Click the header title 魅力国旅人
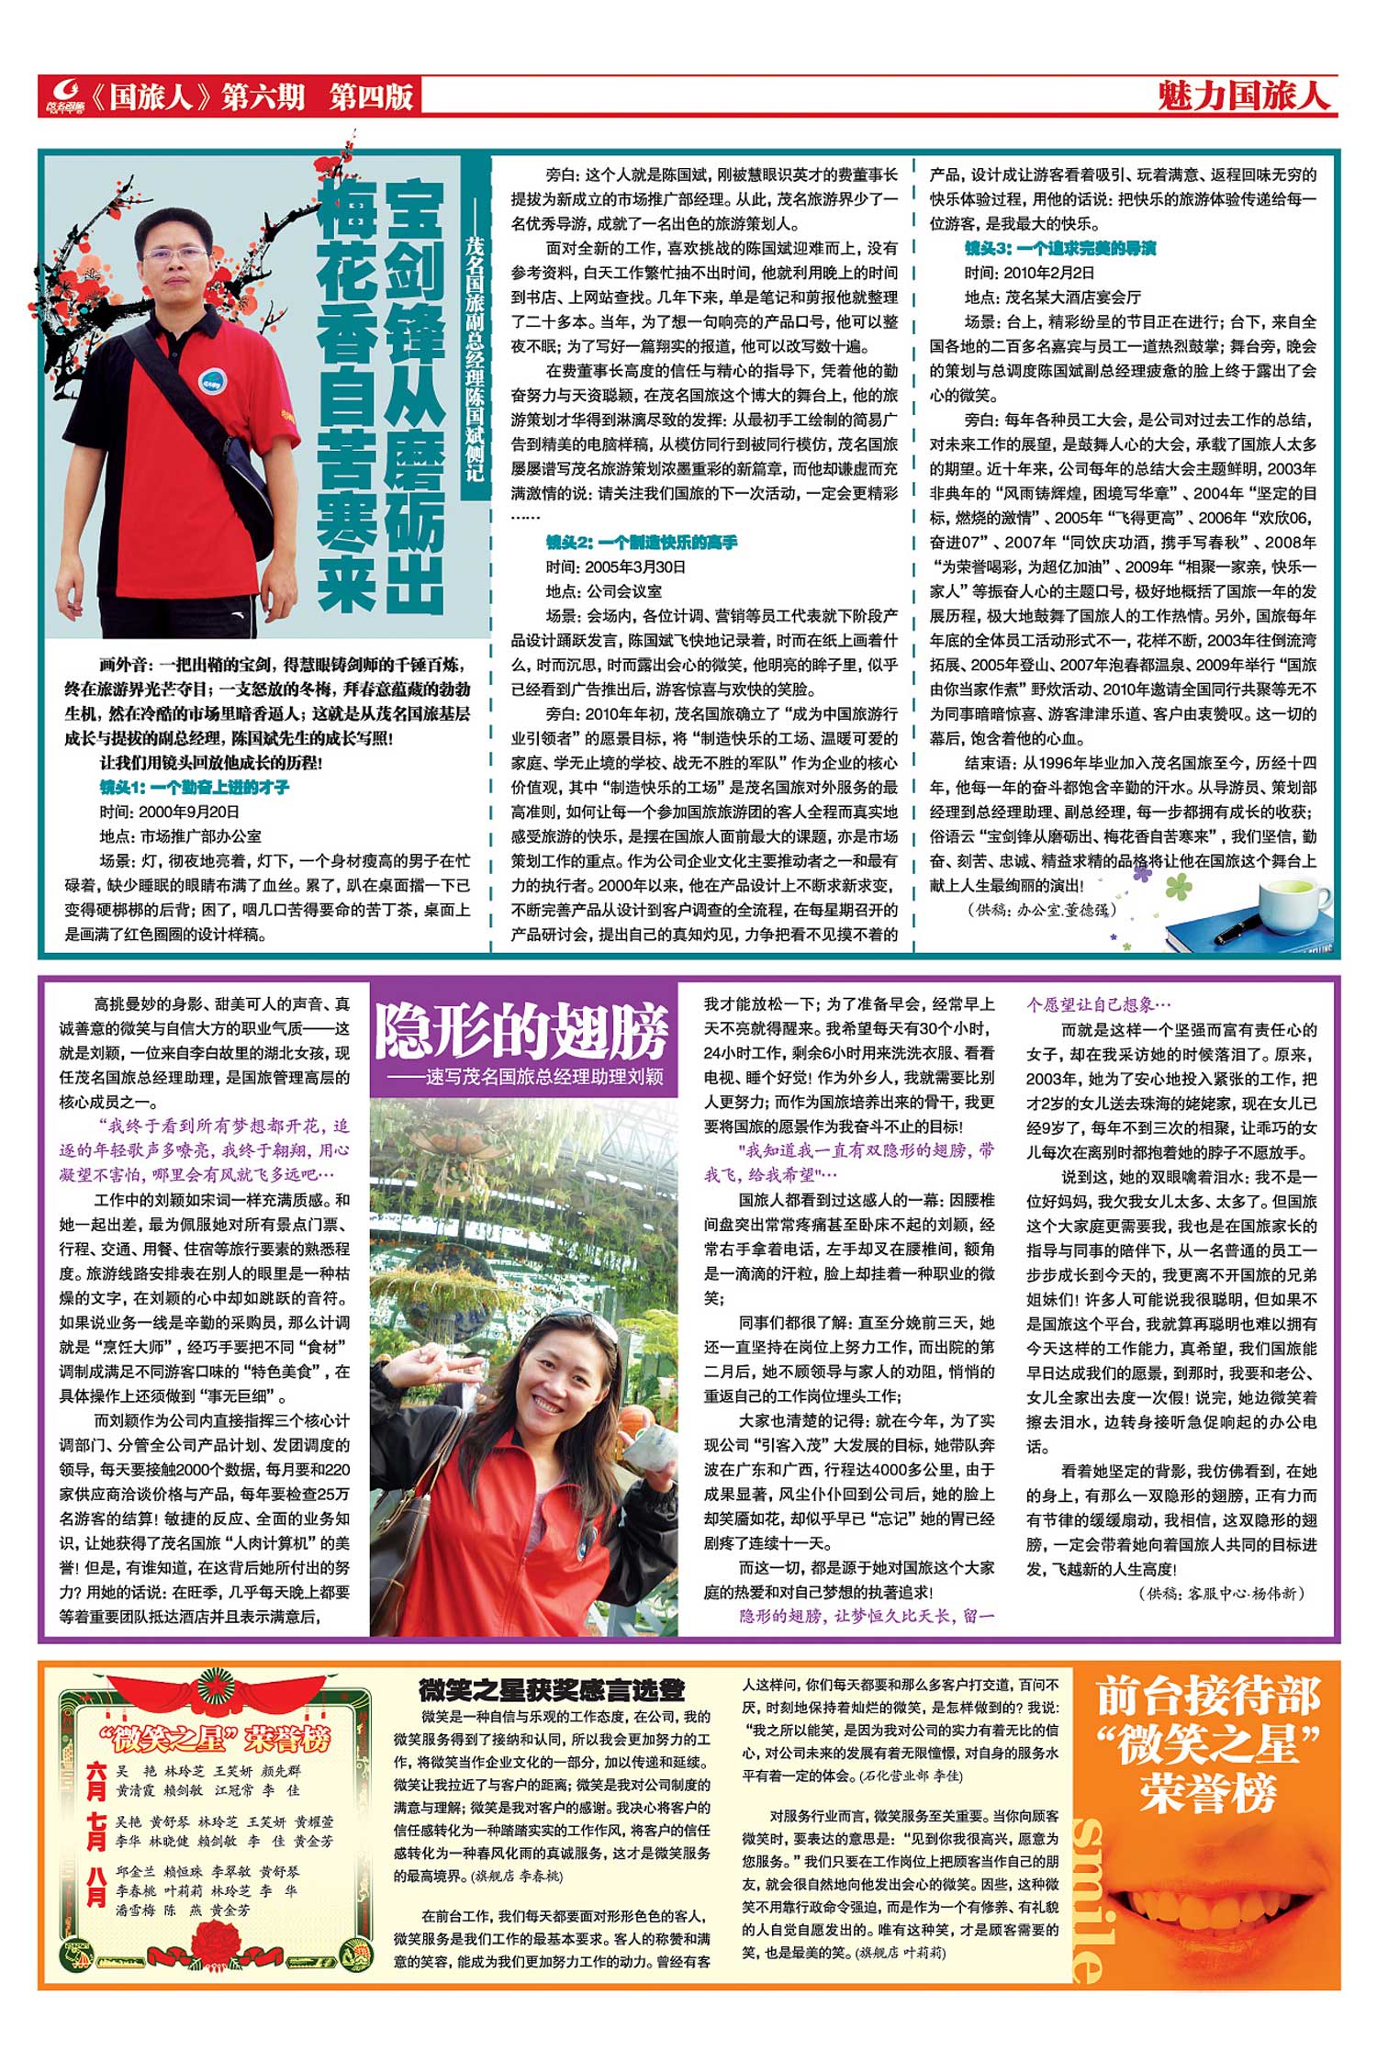(x=1243, y=95)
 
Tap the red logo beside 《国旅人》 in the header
(x=64, y=95)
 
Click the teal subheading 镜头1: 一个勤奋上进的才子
(x=195, y=787)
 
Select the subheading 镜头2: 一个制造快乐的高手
(x=641, y=543)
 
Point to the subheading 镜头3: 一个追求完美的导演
(x=1059, y=248)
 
